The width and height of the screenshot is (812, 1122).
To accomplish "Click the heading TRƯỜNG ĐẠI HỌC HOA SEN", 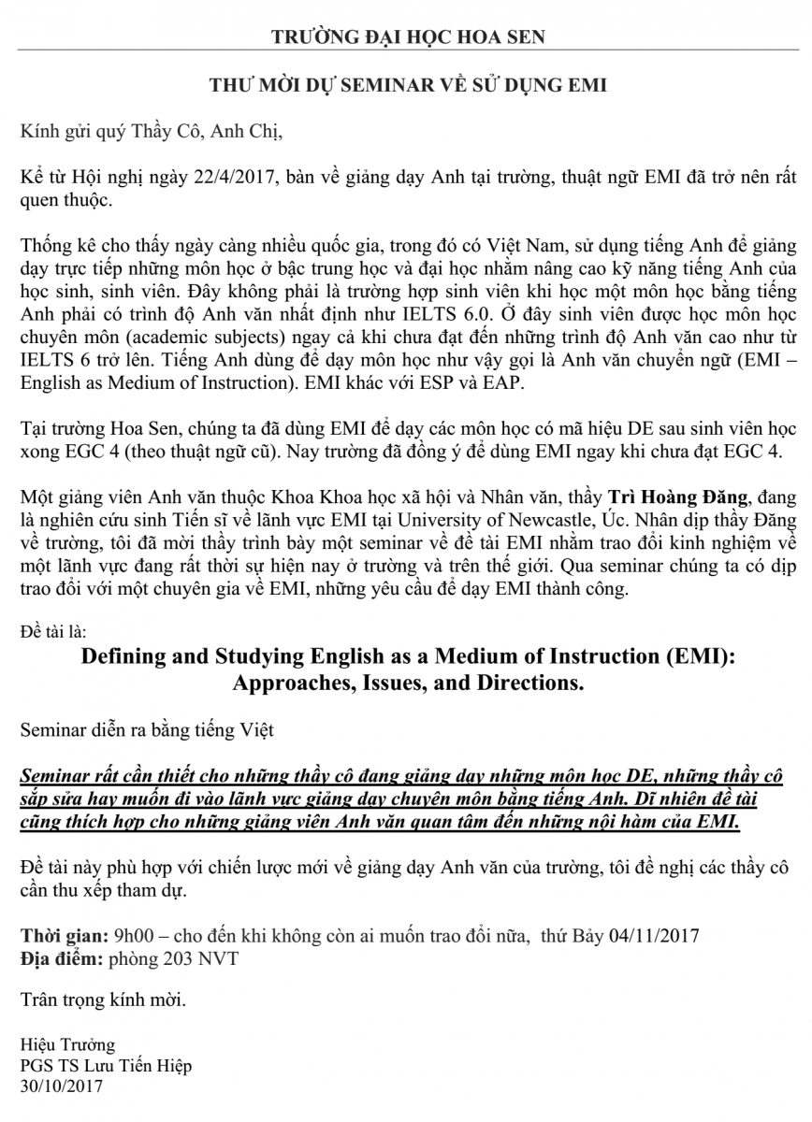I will point(406,37).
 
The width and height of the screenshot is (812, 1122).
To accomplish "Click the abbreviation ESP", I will point(417,379).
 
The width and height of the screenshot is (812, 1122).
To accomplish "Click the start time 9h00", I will point(132,934).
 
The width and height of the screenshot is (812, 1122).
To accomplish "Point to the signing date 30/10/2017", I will point(62,1086).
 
